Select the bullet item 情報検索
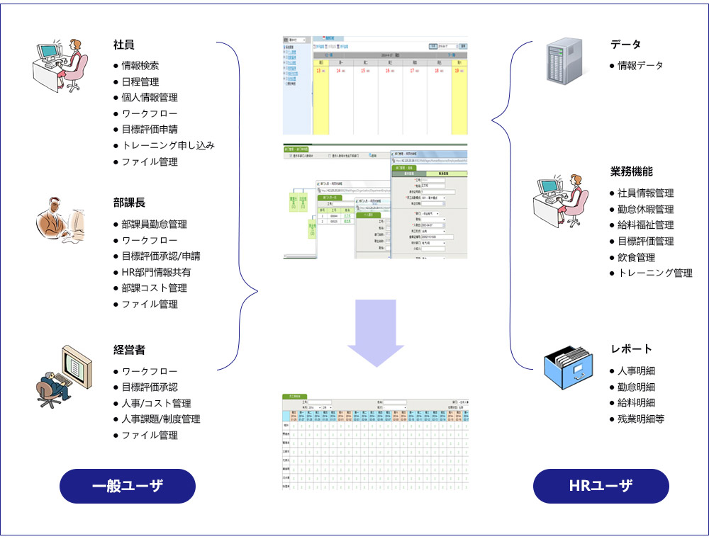[140, 66]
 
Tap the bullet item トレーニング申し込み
[167, 146]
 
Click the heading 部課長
[129, 203]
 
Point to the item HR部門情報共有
[155, 272]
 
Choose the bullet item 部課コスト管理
[154, 288]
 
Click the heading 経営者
[129, 350]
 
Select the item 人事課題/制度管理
[160, 419]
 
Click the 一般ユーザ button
[128, 486]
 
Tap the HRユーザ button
[601, 486]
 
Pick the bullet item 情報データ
[640, 66]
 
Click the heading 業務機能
[631, 171]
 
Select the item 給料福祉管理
[645, 225]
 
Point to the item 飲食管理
[636, 257]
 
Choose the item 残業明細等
[640, 419]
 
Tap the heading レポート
[631, 349]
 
